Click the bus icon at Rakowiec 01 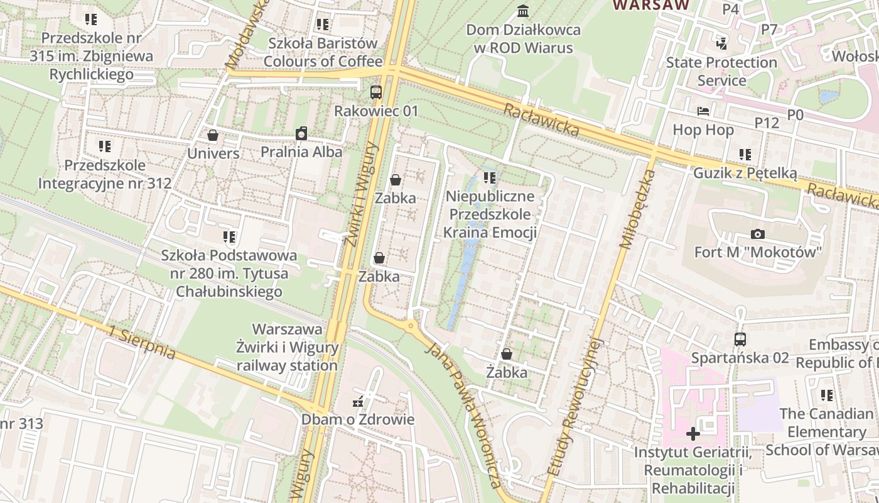(x=375, y=92)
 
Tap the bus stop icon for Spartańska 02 (x=740, y=340)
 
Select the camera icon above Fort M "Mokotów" (x=758, y=235)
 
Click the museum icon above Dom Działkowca (x=522, y=11)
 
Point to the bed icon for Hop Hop (x=703, y=111)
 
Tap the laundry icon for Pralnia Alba (x=301, y=133)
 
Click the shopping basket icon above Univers (x=213, y=135)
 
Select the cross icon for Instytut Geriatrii (x=693, y=434)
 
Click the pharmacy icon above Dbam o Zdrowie (x=359, y=402)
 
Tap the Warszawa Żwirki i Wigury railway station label (x=288, y=347)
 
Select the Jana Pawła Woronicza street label (x=463, y=416)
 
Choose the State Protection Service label (x=721, y=71)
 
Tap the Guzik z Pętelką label (x=745, y=173)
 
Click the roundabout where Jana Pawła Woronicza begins (x=411, y=325)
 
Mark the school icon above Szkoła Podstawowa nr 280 (x=229, y=237)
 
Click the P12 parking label (x=767, y=123)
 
